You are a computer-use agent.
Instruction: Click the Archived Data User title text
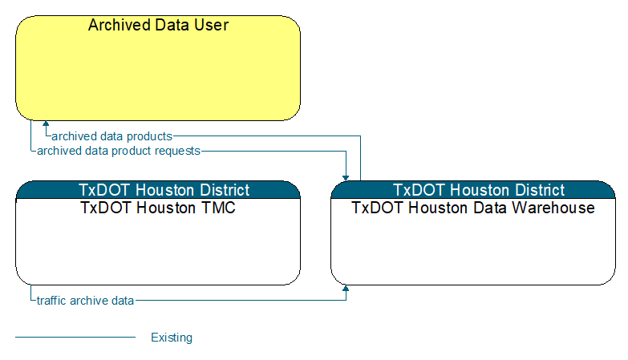[158, 25]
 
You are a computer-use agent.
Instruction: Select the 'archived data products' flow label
[112, 136]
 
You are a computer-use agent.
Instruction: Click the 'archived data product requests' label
[119, 151]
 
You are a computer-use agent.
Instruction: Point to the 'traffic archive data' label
[85, 301]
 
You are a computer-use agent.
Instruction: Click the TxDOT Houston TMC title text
[158, 208]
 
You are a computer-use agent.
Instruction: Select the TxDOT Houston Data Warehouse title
[473, 208]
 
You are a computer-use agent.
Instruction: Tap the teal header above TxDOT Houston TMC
[158, 190]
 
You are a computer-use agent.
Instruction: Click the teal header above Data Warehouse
[473, 190]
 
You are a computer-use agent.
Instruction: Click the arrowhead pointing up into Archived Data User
[46, 123]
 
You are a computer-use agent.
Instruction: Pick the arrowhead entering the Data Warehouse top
[346, 178]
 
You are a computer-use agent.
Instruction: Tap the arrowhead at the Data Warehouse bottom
[346, 288]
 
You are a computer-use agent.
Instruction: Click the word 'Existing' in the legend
[172, 338]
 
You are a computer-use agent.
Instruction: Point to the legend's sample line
[75, 338]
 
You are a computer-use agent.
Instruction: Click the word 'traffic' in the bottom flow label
[51, 301]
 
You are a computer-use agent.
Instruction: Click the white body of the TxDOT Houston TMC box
[158, 249]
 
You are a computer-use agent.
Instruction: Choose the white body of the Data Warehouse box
[473, 249]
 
